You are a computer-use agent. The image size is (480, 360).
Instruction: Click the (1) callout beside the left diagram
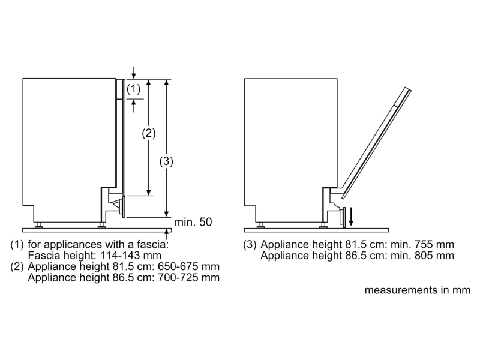(x=134, y=89)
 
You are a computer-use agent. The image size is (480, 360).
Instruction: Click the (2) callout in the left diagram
(x=148, y=133)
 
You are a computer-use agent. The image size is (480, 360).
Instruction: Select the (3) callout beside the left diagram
(x=166, y=161)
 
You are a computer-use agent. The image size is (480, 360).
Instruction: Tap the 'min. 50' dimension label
(x=193, y=223)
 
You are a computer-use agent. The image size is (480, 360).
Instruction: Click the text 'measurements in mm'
(x=416, y=290)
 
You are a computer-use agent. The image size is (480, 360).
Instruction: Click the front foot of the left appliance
(x=101, y=225)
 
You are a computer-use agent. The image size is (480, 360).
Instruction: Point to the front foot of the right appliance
(x=324, y=225)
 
